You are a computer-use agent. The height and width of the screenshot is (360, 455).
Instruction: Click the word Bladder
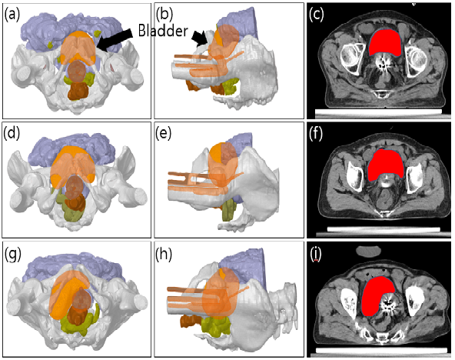163,30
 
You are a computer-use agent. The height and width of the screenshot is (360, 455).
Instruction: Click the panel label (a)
12,15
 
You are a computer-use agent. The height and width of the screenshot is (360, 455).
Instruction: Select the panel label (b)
164,15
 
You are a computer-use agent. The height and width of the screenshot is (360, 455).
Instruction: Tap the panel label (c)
317,15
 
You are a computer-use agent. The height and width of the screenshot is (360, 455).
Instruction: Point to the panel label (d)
12,133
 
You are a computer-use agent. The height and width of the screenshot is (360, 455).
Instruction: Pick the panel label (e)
164,133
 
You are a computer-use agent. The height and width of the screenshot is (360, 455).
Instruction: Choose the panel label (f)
316,134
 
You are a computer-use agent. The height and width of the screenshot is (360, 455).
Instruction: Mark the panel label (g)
12,255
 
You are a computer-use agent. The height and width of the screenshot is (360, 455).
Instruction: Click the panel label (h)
164,254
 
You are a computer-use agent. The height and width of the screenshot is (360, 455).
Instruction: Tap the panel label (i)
315,255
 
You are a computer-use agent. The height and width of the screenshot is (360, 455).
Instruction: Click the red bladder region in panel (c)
386,42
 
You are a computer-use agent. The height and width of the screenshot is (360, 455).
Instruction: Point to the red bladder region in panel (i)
376,295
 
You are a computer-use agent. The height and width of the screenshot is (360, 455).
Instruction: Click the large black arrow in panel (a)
115,40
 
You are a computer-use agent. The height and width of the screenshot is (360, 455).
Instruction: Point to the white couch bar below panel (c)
378,112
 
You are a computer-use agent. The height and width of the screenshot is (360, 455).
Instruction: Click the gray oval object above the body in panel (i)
368,251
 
